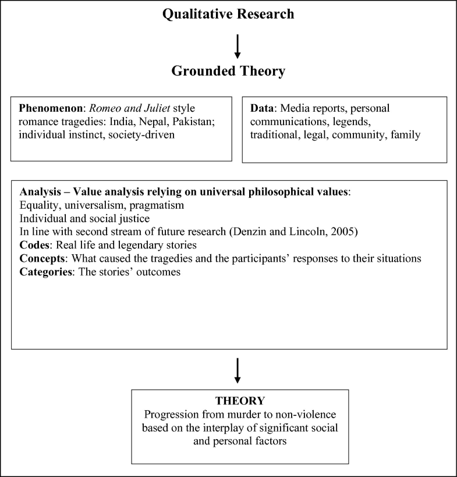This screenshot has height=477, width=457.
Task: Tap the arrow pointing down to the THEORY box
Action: point(237,370)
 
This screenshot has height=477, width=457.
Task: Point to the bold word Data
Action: point(261,108)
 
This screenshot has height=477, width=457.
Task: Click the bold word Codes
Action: point(34,245)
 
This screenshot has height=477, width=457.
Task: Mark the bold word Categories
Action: point(44,271)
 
